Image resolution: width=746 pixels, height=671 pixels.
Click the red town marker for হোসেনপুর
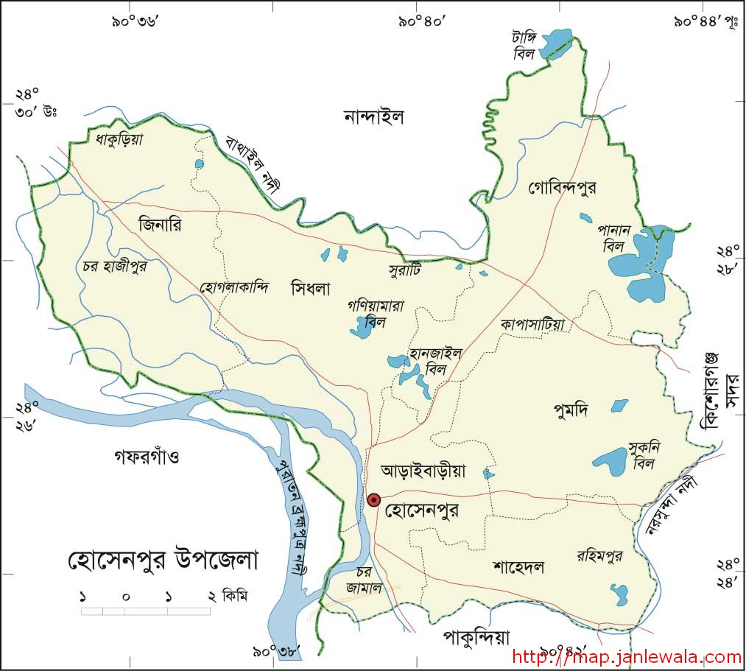(373, 500)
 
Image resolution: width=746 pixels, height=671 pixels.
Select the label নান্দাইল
(374, 116)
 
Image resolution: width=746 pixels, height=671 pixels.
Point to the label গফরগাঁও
(147, 457)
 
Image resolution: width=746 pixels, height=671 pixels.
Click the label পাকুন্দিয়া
(476, 636)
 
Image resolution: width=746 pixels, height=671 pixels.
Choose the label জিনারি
(159, 225)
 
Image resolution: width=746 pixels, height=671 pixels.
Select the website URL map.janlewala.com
(626, 657)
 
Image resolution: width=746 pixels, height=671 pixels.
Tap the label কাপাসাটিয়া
(531, 323)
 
